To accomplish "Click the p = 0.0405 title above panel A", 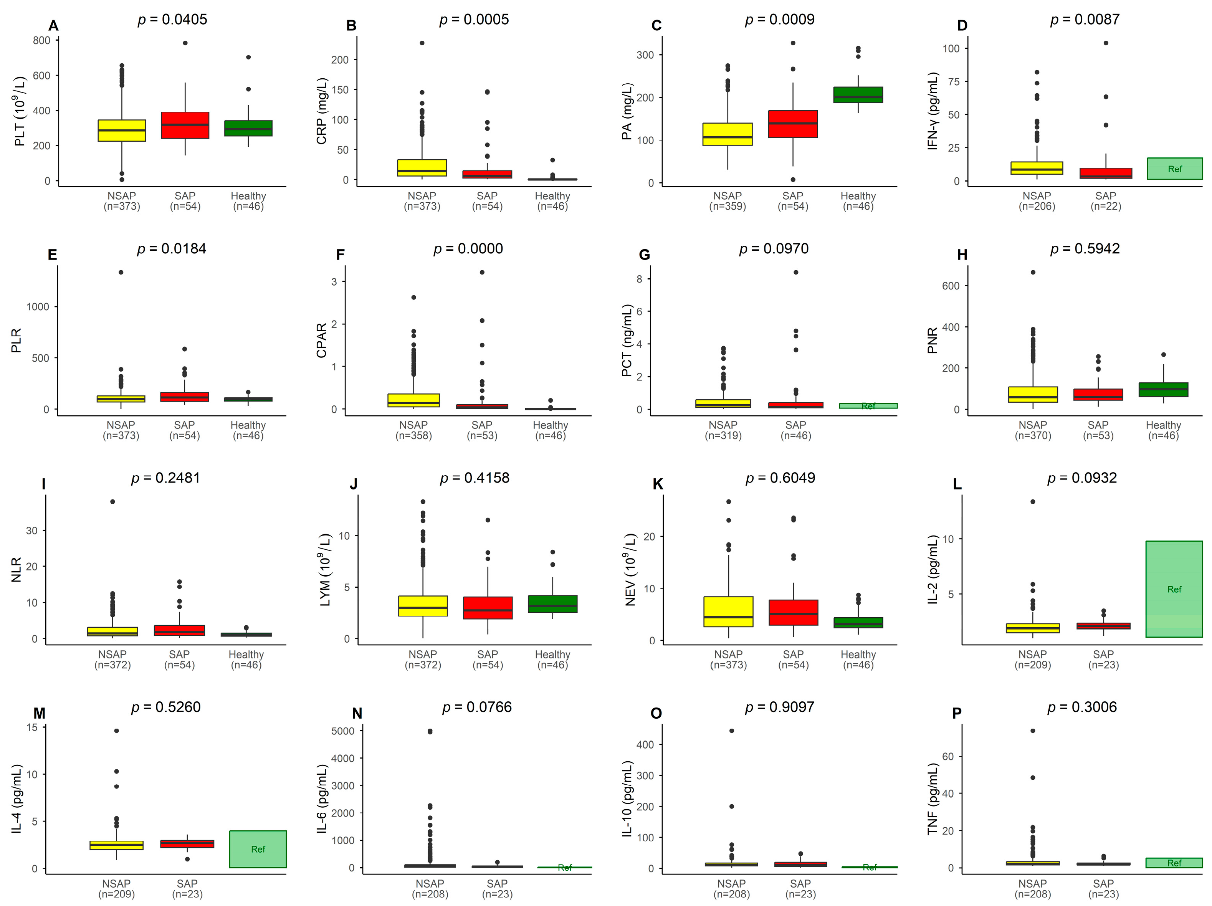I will tap(172, 20).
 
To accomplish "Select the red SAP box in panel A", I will tap(185, 126).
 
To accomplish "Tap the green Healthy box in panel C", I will tap(858, 95).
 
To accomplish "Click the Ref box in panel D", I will tap(1174, 169).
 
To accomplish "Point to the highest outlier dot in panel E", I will tap(121, 272).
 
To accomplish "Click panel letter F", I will tap(340, 255).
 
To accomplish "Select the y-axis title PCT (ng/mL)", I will tap(627, 340).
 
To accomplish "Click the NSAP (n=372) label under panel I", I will tap(112, 660).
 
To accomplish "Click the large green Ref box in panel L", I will tap(1174, 589).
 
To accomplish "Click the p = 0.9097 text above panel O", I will tap(779, 707).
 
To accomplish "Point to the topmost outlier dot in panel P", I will tap(1033, 731).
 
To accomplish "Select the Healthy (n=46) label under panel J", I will tap(552, 660).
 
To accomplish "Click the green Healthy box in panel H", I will tap(1163, 389).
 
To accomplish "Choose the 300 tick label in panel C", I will tap(645, 55).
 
